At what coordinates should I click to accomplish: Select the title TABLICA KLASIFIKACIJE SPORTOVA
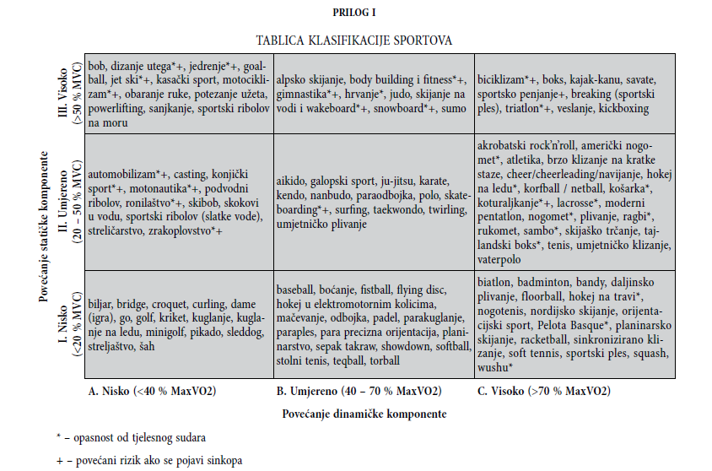(x=354, y=40)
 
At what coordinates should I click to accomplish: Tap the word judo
(x=401, y=94)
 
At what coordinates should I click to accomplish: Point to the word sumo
(x=452, y=108)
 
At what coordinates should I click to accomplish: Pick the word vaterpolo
(x=502, y=260)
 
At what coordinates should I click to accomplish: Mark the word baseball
(x=298, y=289)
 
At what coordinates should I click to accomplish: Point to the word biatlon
(x=495, y=282)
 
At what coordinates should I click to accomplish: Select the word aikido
(x=292, y=180)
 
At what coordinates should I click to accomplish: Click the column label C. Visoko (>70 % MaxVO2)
(x=543, y=391)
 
